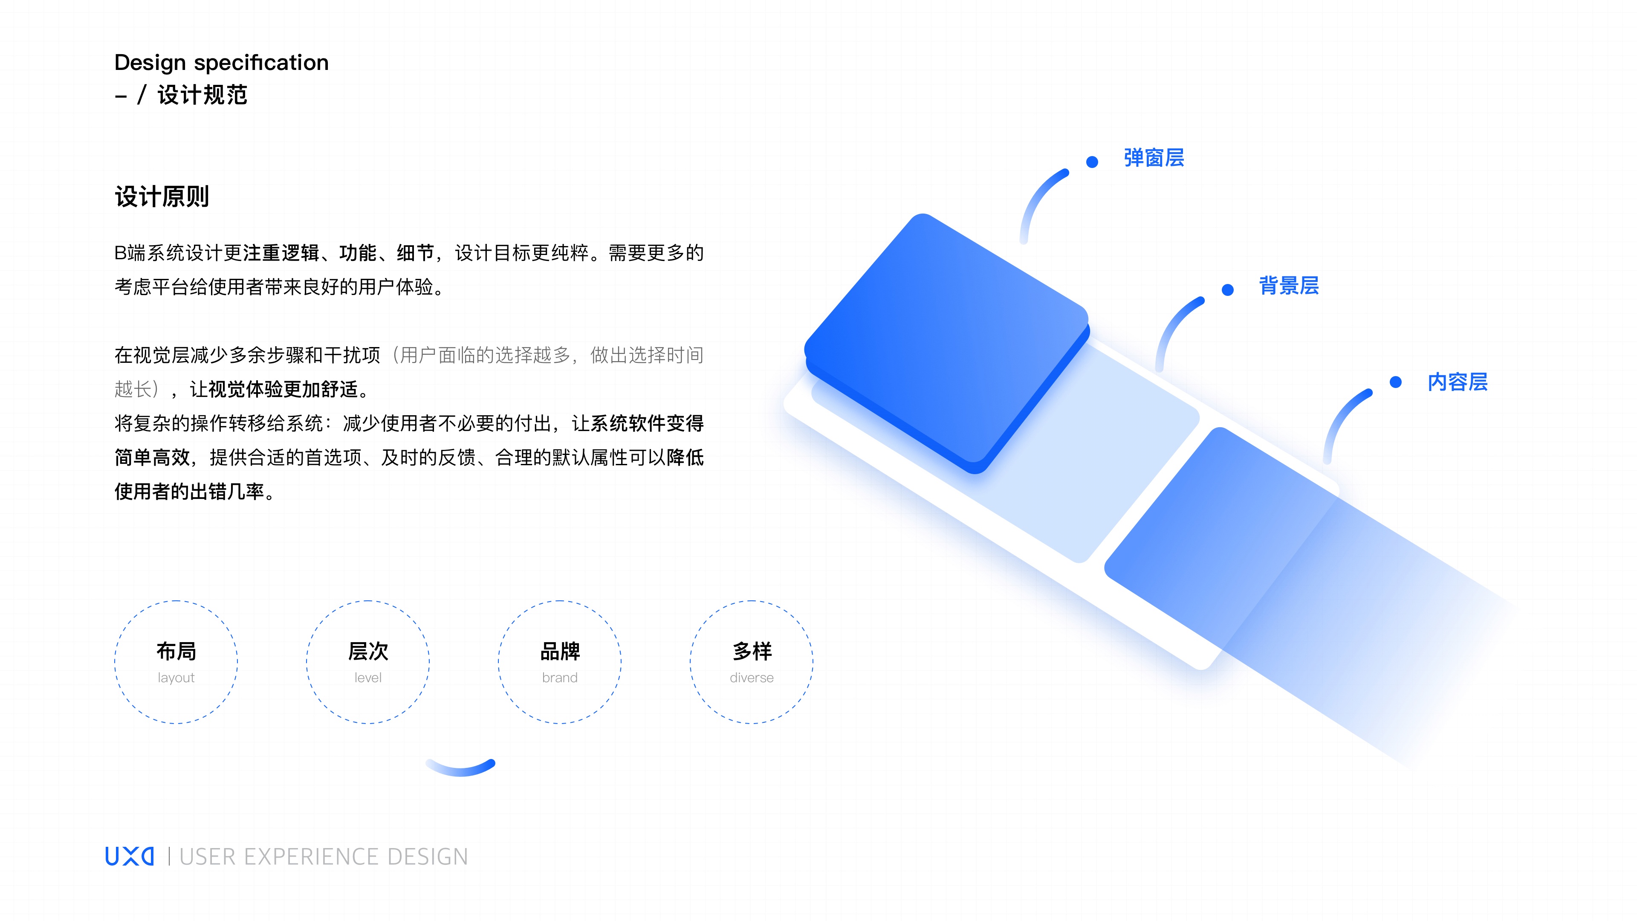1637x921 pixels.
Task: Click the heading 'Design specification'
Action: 221,62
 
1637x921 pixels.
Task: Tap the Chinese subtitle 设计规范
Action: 202,96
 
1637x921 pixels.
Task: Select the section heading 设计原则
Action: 162,197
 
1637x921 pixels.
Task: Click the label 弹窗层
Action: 1154,158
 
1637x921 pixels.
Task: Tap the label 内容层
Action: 1457,382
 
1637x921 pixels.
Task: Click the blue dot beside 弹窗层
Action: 1092,162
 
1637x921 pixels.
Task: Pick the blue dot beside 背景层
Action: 1227,290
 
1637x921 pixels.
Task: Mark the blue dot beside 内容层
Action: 1396,382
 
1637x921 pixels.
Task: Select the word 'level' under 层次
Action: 368,678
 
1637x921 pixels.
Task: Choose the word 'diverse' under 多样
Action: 751,678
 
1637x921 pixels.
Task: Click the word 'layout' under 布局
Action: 176,678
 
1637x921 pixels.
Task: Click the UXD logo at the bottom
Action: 130,856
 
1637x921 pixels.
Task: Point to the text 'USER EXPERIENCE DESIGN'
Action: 324,857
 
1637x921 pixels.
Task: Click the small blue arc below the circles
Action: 461,768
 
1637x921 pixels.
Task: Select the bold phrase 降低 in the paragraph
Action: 685,457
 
